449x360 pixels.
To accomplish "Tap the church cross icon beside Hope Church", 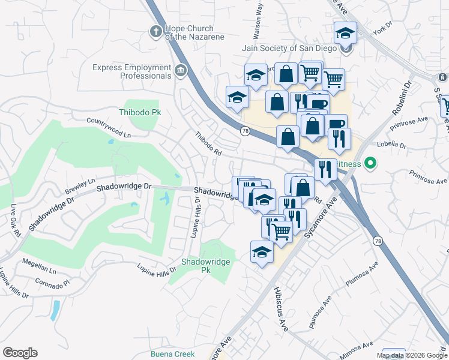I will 156,32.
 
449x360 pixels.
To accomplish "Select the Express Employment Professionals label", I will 132,72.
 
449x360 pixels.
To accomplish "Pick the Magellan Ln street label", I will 38,262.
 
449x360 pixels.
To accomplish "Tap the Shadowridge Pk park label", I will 204,266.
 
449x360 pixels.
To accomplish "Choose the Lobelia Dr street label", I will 391,145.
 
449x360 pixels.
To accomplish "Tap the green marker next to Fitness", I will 370,163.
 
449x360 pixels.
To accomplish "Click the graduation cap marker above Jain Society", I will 345,32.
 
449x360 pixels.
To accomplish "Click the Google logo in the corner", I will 20,353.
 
